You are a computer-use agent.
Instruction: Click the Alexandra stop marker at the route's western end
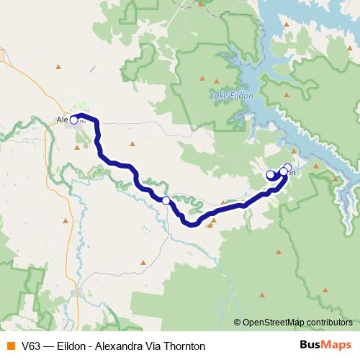[73, 120]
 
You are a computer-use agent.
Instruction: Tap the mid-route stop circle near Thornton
[166, 200]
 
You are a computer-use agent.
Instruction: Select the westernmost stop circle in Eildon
[271, 174]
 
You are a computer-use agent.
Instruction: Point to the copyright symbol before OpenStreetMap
[238, 323]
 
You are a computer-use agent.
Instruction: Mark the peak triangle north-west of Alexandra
[58, 68]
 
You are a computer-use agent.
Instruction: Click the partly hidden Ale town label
[63, 120]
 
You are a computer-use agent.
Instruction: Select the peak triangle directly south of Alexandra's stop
[77, 148]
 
